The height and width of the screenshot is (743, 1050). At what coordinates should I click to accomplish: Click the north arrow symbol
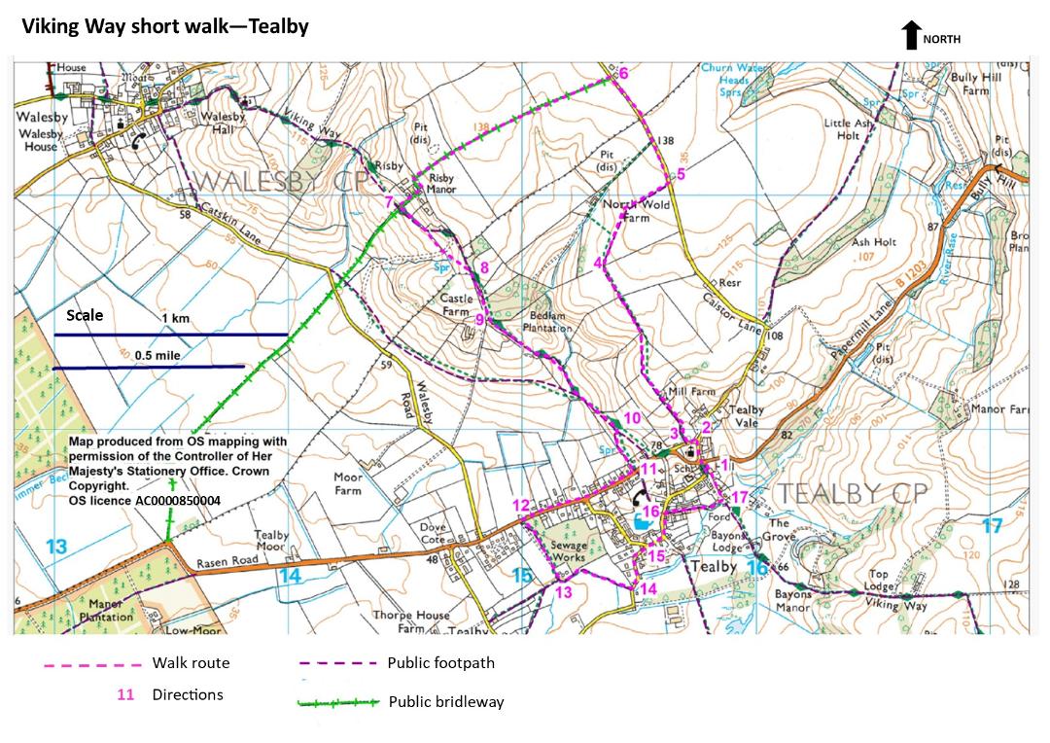click(x=911, y=36)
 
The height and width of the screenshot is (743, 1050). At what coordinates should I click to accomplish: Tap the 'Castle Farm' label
click(x=457, y=304)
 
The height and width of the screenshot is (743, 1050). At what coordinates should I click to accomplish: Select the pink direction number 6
click(x=623, y=74)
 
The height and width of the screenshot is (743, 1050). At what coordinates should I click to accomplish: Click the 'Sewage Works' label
click(x=569, y=551)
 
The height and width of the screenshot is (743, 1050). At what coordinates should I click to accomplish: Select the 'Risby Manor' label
click(x=442, y=184)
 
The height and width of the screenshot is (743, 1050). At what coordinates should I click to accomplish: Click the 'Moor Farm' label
click(x=348, y=483)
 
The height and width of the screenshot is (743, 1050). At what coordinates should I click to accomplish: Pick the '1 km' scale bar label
click(x=175, y=318)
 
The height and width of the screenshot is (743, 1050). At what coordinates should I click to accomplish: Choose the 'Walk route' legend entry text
click(x=191, y=663)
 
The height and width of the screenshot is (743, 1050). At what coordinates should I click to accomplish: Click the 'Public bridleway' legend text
click(x=446, y=701)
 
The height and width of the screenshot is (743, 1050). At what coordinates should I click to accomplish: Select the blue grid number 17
click(x=991, y=526)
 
